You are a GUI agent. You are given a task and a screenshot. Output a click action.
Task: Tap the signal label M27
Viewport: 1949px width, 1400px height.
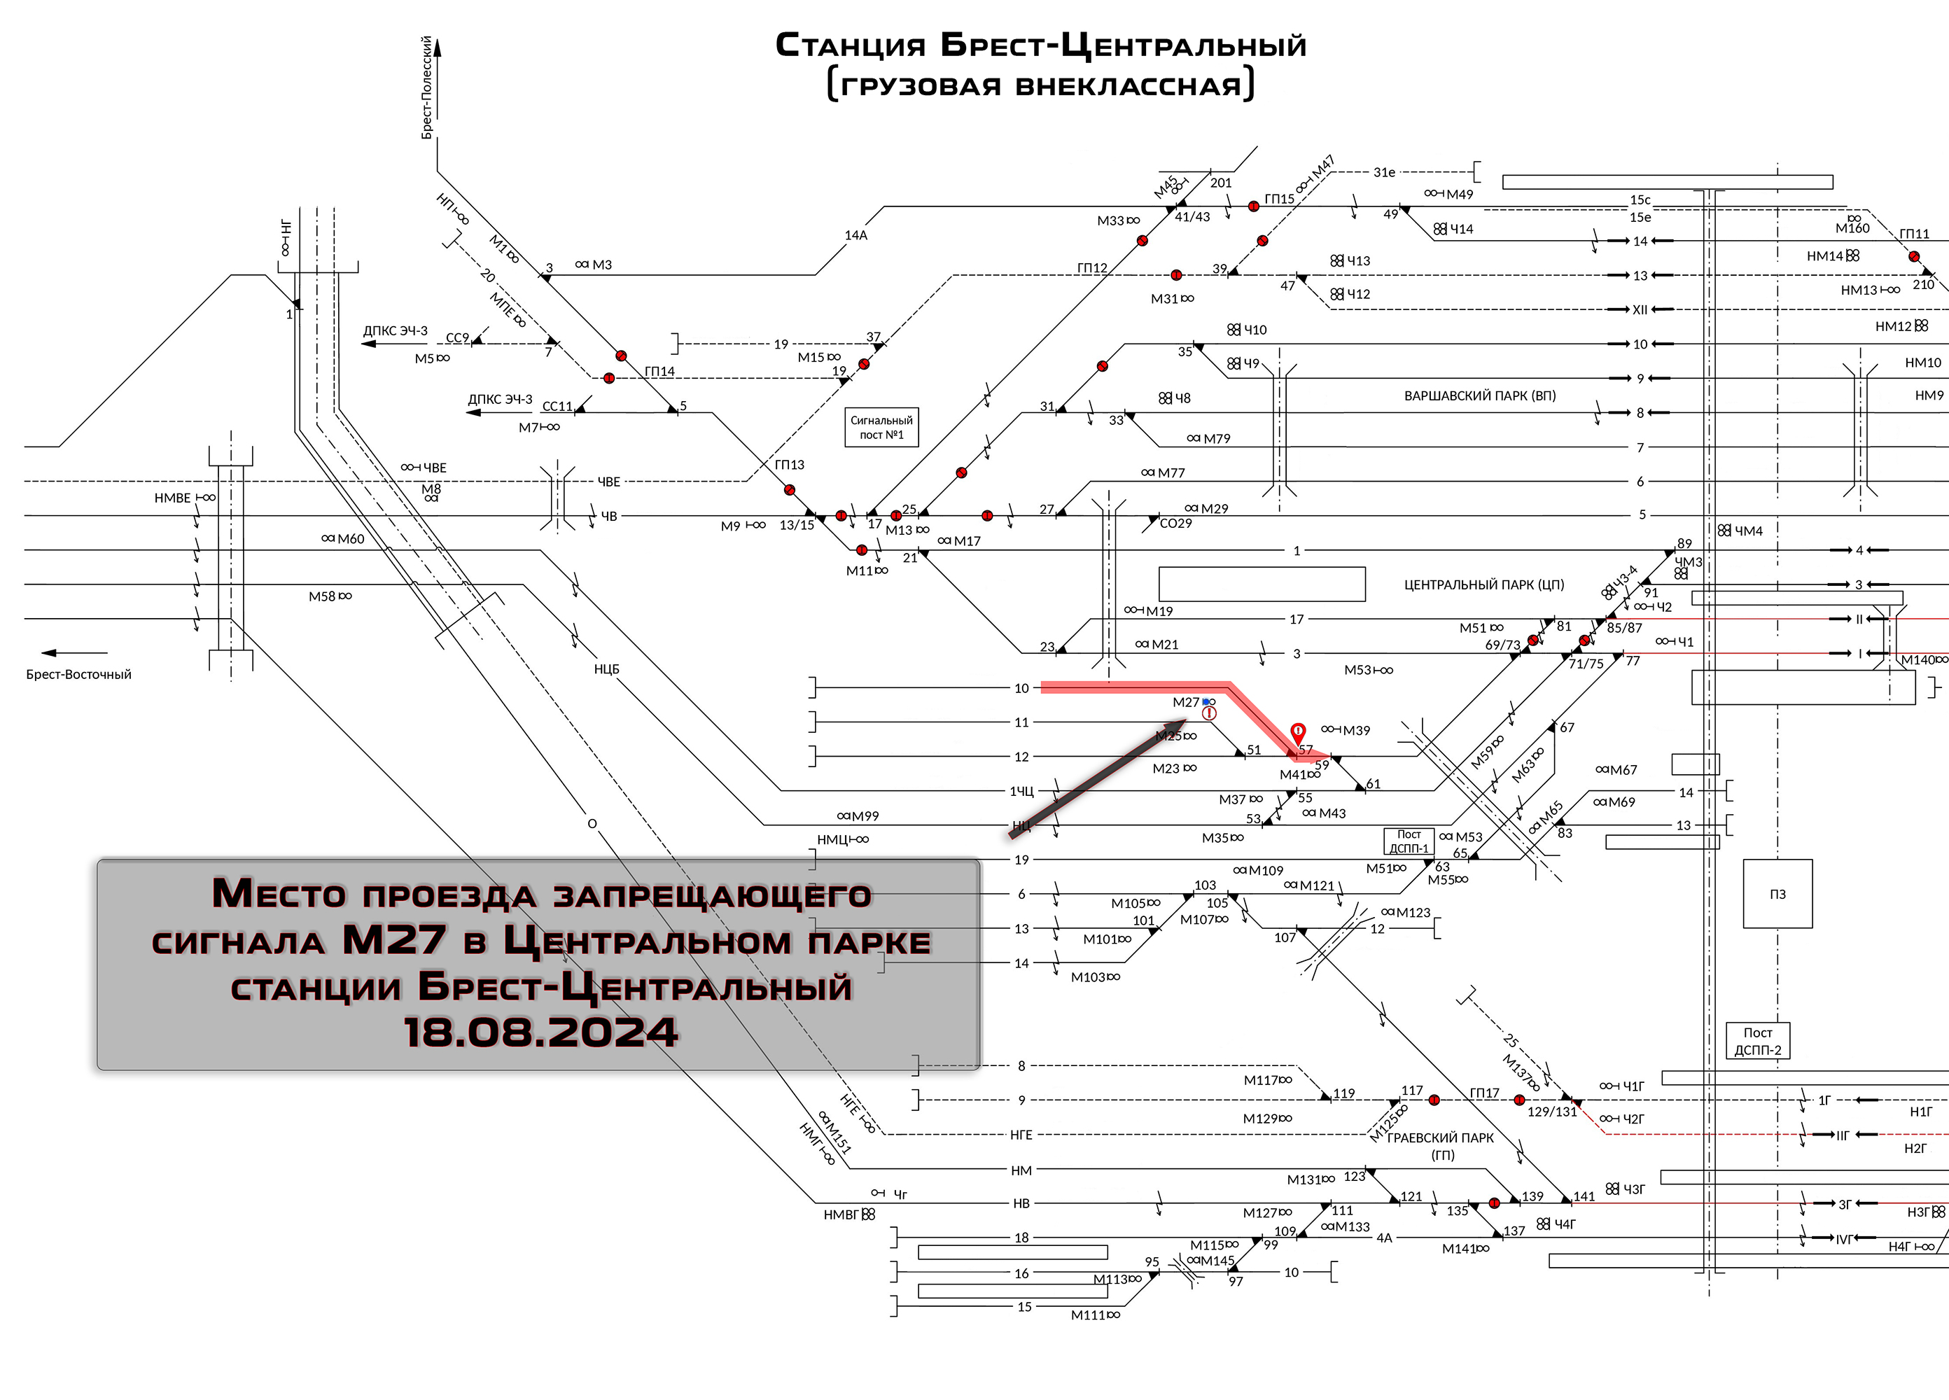click(x=1186, y=702)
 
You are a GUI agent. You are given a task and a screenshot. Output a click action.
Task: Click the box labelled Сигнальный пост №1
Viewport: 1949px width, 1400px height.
click(x=881, y=427)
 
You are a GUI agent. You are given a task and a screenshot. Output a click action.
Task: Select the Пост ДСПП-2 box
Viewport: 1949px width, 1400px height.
click(x=1758, y=1041)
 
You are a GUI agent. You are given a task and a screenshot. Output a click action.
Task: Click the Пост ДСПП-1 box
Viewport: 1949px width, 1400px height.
click(x=1409, y=841)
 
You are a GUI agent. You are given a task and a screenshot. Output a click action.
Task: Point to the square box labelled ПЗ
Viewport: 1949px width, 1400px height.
click(x=1778, y=894)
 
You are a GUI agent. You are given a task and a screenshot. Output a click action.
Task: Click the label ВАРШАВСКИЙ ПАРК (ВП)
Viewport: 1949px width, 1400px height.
click(x=1480, y=396)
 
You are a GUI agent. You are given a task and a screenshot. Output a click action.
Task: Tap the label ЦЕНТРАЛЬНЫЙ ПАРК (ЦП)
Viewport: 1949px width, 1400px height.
click(x=1484, y=585)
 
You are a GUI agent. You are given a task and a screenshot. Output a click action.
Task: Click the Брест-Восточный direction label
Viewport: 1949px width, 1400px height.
click(x=78, y=675)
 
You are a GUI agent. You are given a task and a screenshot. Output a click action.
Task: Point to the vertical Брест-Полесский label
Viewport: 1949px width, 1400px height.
click(x=427, y=87)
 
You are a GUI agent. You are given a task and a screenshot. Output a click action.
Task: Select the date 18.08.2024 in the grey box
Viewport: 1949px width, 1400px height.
click(x=541, y=1032)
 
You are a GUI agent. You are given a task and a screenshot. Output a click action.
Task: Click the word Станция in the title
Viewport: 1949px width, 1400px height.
click(x=851, y=45)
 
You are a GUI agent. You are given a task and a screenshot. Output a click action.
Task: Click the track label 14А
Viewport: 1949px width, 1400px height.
click(x=856, y=235)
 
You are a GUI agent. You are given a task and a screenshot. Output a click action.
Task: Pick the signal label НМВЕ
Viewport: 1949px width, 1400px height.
click(x=172, y=498)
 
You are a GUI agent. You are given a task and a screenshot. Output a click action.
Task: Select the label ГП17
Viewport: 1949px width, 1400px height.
click(x=1484, y=1093)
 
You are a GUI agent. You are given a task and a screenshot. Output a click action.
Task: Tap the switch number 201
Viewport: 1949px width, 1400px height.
click(x=1221, y=183)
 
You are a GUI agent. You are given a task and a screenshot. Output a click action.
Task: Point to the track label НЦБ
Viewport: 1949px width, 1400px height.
click(x=607, y=669)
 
